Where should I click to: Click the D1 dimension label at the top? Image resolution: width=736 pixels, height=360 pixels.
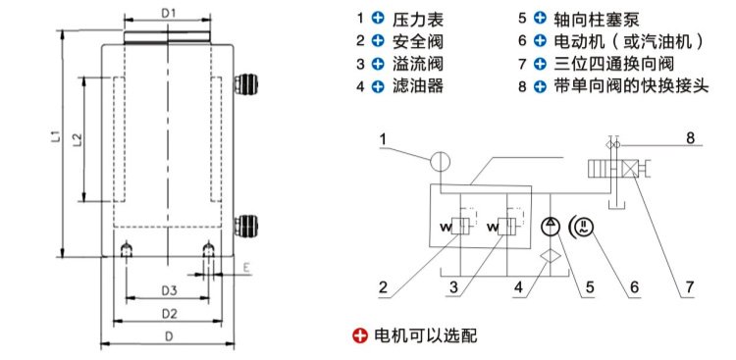click(168, 14)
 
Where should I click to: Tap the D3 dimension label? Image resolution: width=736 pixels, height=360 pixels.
click(168, 291)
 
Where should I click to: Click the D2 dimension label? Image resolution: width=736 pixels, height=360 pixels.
click(168, 314)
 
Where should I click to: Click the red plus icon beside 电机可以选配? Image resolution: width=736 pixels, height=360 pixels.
click(359, 335)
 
